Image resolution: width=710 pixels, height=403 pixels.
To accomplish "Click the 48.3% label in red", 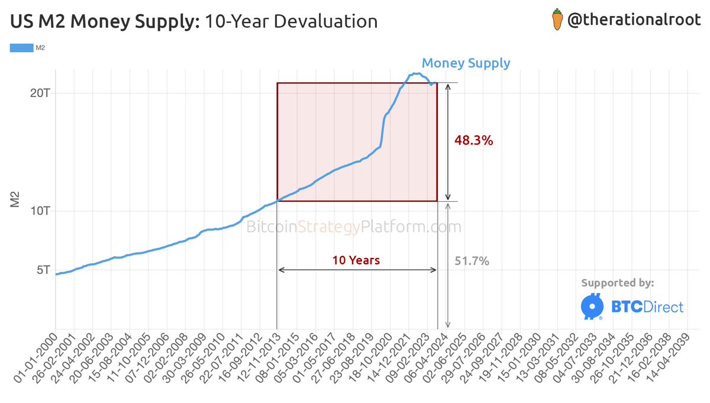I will pos(473,141).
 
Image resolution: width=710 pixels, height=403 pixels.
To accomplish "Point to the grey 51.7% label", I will pos(472,261).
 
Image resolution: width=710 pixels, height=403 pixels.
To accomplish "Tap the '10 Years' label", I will pos(356,260).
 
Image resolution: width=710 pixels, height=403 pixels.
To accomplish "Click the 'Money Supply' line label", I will pos(466,63).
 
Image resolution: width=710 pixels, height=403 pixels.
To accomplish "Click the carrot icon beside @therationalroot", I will pos(556,21).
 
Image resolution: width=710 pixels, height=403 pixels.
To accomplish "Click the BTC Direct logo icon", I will pos(591,306).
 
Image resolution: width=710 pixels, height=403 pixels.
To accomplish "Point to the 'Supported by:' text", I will pos(618,283).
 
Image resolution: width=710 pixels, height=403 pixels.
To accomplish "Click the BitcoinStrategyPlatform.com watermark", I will pos(353,227).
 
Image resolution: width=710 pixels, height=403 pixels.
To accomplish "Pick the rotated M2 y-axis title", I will pos(17,199).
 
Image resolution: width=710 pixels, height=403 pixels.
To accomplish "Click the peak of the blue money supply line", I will pos(415,73).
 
